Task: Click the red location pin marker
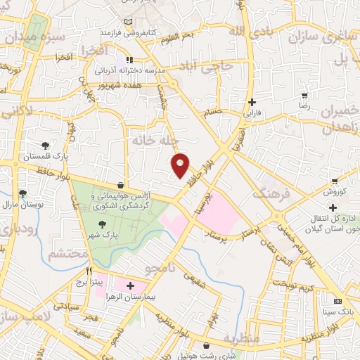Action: coord(181,165)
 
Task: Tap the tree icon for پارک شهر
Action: coord(103,224)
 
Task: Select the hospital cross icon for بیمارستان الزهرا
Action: coord(129,285)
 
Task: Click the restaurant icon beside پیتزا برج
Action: coord(89,271)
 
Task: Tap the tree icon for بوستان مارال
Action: coord(22,193)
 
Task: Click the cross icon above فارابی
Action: coord(252,102)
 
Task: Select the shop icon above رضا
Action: coord(304,96)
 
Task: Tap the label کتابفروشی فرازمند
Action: coord(127,33)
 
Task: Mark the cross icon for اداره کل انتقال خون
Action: coord(333,207)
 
